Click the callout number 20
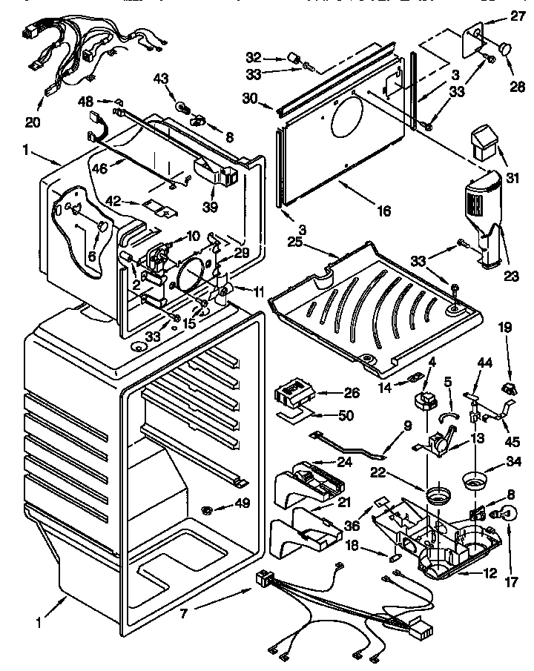coord(33,122)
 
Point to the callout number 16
coord(383,210)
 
